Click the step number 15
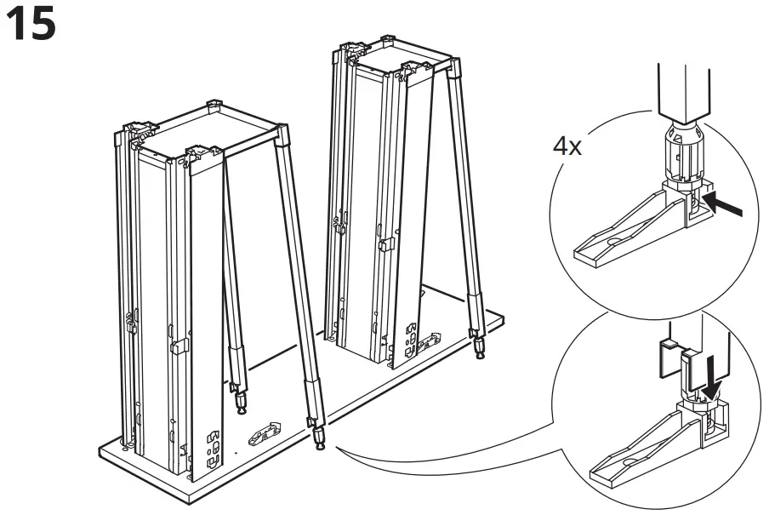(31, 25)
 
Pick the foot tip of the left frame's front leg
(320, 440)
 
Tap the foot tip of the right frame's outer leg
(480, 346)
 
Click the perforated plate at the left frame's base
(209, 447)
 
